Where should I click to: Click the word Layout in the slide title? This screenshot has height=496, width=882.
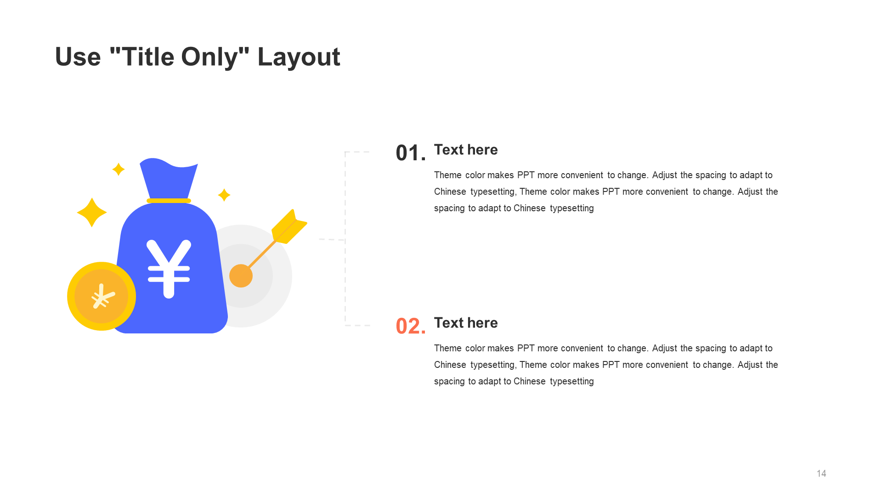tap(299, 57)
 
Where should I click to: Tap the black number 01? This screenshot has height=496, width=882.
tap(411, 153)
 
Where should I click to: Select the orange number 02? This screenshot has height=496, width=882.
tap(411, 326)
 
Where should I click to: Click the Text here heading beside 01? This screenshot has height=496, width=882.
tap(466, 150)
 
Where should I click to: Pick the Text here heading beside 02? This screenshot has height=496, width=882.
tap(466, 323)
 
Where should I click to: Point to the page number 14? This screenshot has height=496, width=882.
tap(821, 473)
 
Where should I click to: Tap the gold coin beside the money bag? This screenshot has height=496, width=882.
tap(102, 296)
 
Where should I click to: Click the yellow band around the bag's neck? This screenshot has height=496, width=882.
tap(169, 201)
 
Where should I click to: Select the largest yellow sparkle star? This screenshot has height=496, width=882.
tap(92, 212)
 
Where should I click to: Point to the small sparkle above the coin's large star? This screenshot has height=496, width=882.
tap(119, 169)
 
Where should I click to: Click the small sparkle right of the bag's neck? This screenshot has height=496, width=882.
tap(224, 195)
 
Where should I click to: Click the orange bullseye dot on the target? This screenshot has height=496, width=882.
tap(241, 276)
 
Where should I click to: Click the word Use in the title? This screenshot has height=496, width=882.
tap(78, 57)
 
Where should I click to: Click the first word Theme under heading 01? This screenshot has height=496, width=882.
tap(448, 175)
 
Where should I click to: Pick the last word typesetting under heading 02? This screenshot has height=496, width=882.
tap(572, 382)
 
